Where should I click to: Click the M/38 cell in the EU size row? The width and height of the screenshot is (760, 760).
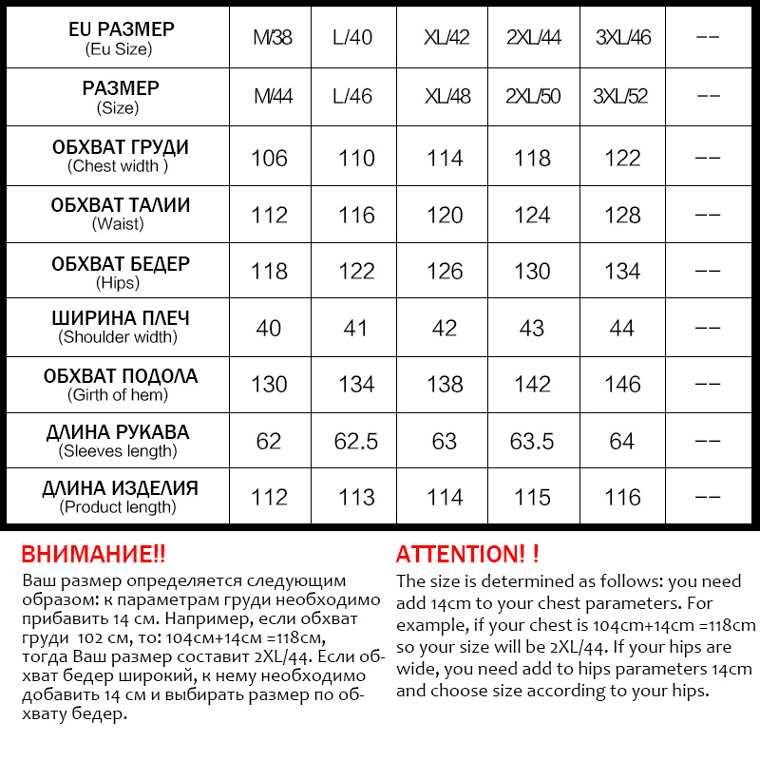273,38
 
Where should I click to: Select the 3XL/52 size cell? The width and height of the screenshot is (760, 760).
620,97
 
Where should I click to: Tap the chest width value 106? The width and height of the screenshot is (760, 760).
269,158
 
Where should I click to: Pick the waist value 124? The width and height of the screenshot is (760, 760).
532,215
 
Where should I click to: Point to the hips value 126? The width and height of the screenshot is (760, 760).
445,272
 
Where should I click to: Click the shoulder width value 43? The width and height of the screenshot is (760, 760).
532,329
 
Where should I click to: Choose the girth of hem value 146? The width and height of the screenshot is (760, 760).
622,385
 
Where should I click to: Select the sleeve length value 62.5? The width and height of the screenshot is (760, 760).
356,442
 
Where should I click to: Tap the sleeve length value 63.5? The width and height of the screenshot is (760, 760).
532,442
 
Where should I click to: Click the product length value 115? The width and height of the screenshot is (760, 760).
532,498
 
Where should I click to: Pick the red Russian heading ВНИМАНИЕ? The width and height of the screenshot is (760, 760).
93,555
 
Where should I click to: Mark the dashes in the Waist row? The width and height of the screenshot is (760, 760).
708,215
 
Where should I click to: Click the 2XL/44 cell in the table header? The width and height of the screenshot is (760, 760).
534,38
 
